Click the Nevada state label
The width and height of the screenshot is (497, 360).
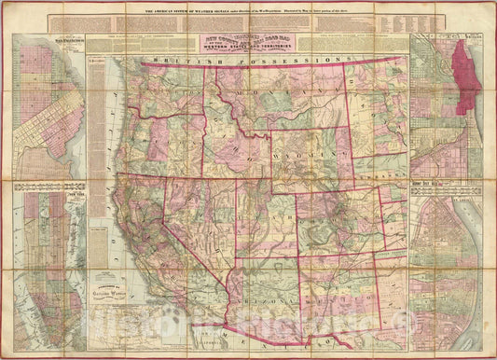click(x=182, y=210)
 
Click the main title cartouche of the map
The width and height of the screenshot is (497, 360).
click(x=248, y=41)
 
